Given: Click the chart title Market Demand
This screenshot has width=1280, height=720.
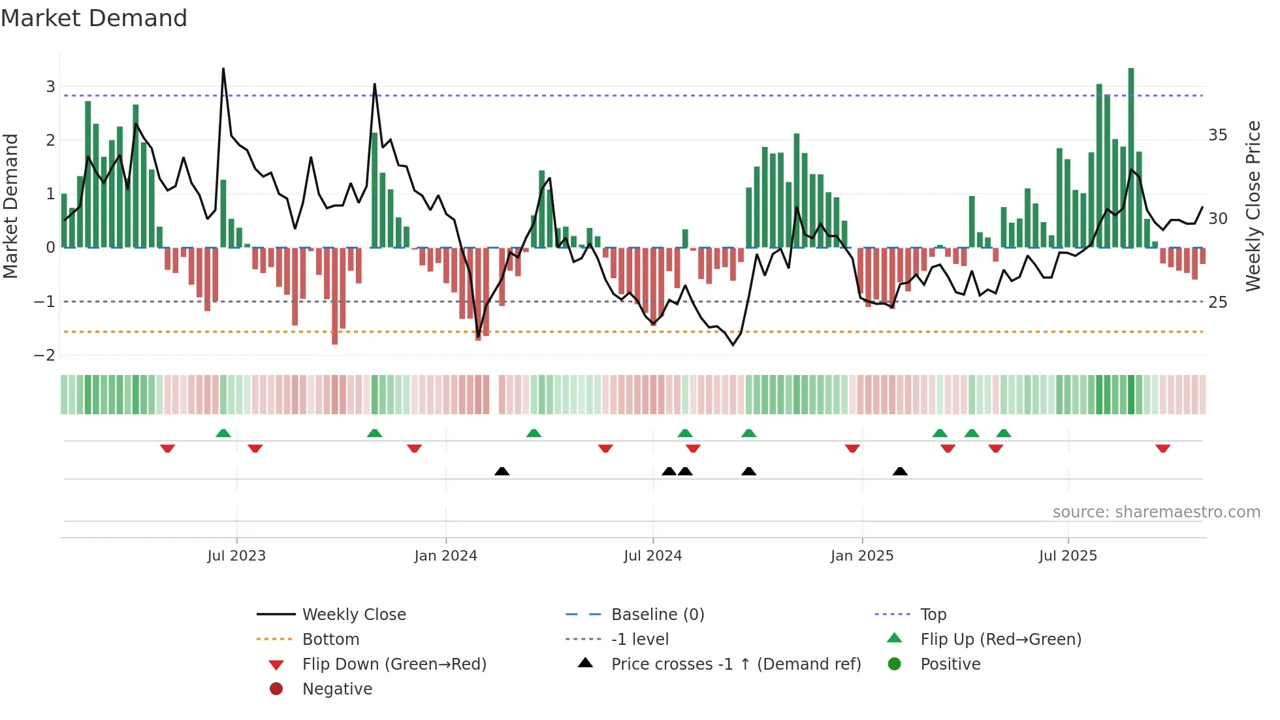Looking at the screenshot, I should click(94, 18).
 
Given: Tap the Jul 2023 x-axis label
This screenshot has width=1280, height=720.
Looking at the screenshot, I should click(236, 556).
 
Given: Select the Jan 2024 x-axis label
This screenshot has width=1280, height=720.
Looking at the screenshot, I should click(445, 556).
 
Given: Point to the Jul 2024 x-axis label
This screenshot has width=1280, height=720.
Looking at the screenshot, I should click(652, 556).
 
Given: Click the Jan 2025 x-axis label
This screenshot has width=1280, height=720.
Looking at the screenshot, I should click(862, 556).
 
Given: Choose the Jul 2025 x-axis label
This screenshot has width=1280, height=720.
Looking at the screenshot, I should click(1068, 556).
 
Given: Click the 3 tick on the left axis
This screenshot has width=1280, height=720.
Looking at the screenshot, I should click(50, 87).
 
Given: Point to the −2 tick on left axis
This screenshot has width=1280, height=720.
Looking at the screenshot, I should click(45, 355).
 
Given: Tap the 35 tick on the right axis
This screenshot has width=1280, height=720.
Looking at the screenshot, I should click(1217, 135).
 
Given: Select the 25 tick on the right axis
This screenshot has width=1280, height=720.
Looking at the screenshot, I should click(1217, 303).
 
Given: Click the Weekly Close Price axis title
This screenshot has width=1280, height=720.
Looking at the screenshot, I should click(1253, 206).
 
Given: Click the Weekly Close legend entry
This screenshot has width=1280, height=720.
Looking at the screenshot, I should click(354, 615).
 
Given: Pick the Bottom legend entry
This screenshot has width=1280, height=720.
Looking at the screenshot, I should click(330, 640).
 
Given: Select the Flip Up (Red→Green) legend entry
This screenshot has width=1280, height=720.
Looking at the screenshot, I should click(1000, 640).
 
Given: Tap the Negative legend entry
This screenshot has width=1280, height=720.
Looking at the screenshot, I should click(337, 689).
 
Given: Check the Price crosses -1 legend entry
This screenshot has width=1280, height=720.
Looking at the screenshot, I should click(736, 664).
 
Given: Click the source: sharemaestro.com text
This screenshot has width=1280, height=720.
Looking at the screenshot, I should click(1156, 512).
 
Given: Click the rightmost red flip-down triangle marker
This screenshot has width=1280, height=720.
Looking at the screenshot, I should click(1162, 448).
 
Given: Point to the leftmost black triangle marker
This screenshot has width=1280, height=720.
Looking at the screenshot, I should click(502, 471).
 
